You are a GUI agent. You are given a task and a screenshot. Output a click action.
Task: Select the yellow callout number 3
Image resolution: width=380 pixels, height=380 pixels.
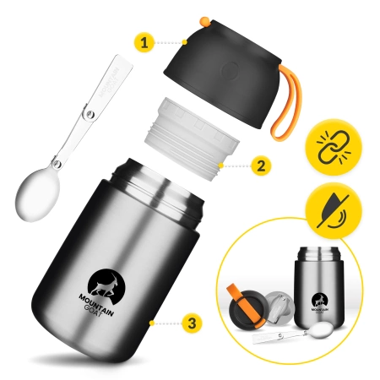[x=193, y=323]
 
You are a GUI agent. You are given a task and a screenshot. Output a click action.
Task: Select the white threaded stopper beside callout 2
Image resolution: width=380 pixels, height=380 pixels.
[x=182, y=141]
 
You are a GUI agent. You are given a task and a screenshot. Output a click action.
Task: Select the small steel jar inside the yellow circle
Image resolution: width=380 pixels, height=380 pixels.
[x=317, y=292]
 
